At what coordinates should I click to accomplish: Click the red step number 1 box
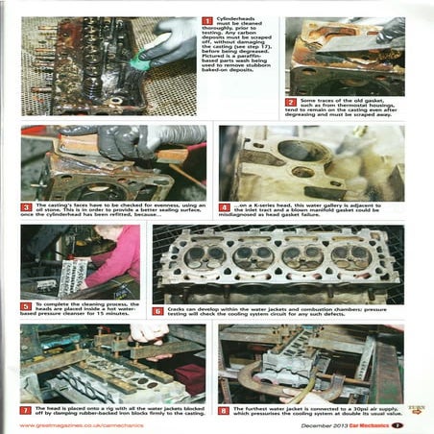point(207,20)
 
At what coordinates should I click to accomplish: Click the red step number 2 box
point(291,102)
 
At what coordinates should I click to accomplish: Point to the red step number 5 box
point(27,306)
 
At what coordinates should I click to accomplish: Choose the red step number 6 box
point(158,311)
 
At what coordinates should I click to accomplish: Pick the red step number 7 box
point(27,410)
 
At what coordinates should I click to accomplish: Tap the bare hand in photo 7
point(149,331)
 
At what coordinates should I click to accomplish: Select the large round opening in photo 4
point(279,153)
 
